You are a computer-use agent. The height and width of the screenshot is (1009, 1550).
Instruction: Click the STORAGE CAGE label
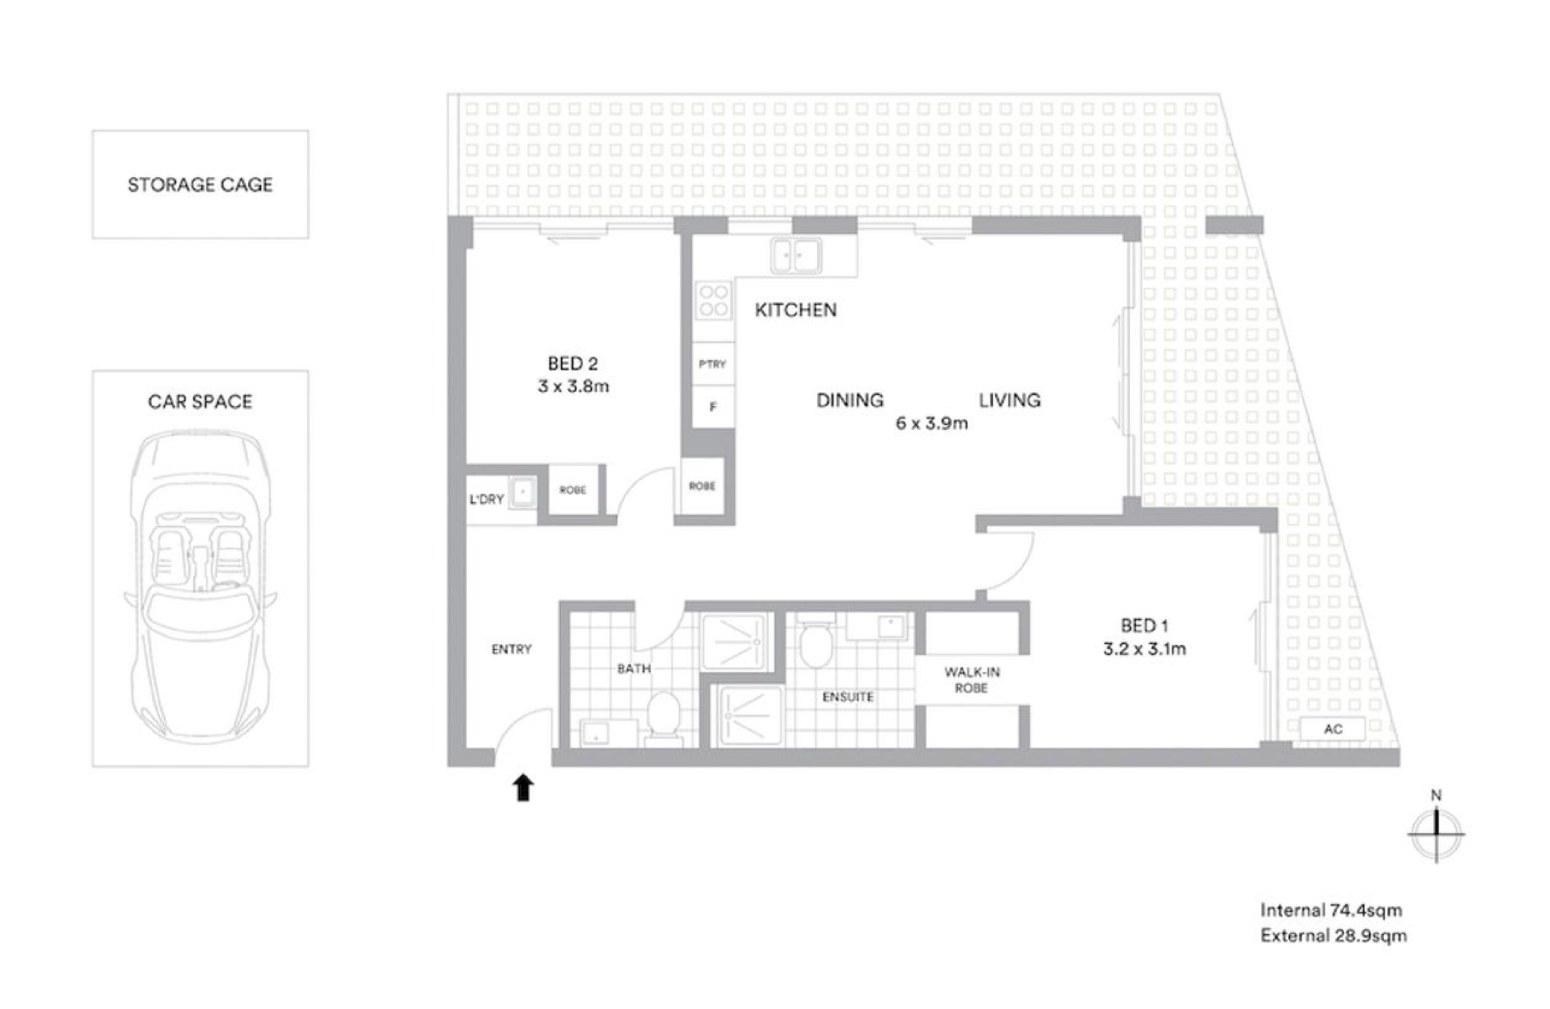[200, 185]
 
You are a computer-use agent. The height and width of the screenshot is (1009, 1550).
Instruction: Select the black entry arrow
[523, 788]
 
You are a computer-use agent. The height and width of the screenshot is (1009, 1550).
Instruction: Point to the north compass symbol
[1436, 833]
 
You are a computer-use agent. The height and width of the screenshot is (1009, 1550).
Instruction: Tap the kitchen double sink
[795, 255]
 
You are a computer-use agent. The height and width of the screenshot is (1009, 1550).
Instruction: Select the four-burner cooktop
[713, 300]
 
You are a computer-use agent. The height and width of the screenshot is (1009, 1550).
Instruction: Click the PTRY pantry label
[712, 364]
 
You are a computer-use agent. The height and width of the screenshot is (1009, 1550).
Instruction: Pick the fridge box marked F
[713, 407]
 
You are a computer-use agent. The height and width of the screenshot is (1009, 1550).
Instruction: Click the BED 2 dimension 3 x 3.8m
[573, 386]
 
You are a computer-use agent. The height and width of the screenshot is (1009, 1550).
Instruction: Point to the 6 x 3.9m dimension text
[931, 423]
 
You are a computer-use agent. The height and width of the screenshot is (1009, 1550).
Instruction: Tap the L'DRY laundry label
[486, 500]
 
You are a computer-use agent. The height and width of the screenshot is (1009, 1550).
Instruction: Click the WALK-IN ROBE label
[972, 679]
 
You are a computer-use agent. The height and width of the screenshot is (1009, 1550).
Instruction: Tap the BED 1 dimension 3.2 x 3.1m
[1144, 649]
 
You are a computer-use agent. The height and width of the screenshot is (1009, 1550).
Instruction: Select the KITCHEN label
[795, 310]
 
